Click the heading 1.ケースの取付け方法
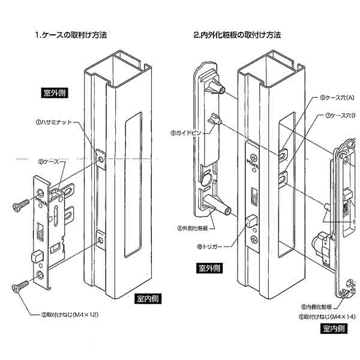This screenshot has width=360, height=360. (73, 35)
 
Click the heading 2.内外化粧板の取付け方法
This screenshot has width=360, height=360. (238, 35)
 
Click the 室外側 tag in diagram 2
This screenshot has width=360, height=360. (209, 268)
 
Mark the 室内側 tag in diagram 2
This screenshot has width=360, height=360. (334, 329)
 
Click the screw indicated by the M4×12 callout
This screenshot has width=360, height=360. (18, 287)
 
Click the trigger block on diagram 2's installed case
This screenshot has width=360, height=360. (250, 219)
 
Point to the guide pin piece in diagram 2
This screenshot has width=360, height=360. (214, 122)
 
